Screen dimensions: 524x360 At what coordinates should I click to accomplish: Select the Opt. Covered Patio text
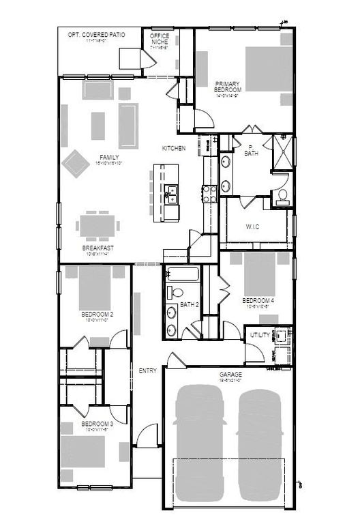(97, 35)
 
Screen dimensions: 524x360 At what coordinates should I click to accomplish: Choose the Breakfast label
(95, 247)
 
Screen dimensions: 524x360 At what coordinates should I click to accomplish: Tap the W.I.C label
(252, 227)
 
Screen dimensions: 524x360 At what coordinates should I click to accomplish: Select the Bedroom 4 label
(258, 300)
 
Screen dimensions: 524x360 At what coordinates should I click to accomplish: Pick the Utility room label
(260, 335)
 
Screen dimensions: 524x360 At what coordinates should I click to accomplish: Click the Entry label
(148, 370)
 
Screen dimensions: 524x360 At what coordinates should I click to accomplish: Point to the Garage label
(230, 375)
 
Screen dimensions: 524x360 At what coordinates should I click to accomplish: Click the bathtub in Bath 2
(182, 275)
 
